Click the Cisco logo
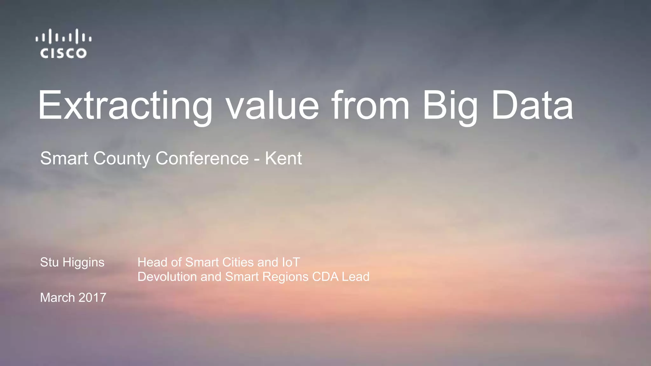click(x=64, y=44)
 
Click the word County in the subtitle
click(x=122, y=159)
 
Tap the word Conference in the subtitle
click(x=202, y=158)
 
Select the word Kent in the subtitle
click(x=283, y=158)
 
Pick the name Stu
click(x=49, y=262)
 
